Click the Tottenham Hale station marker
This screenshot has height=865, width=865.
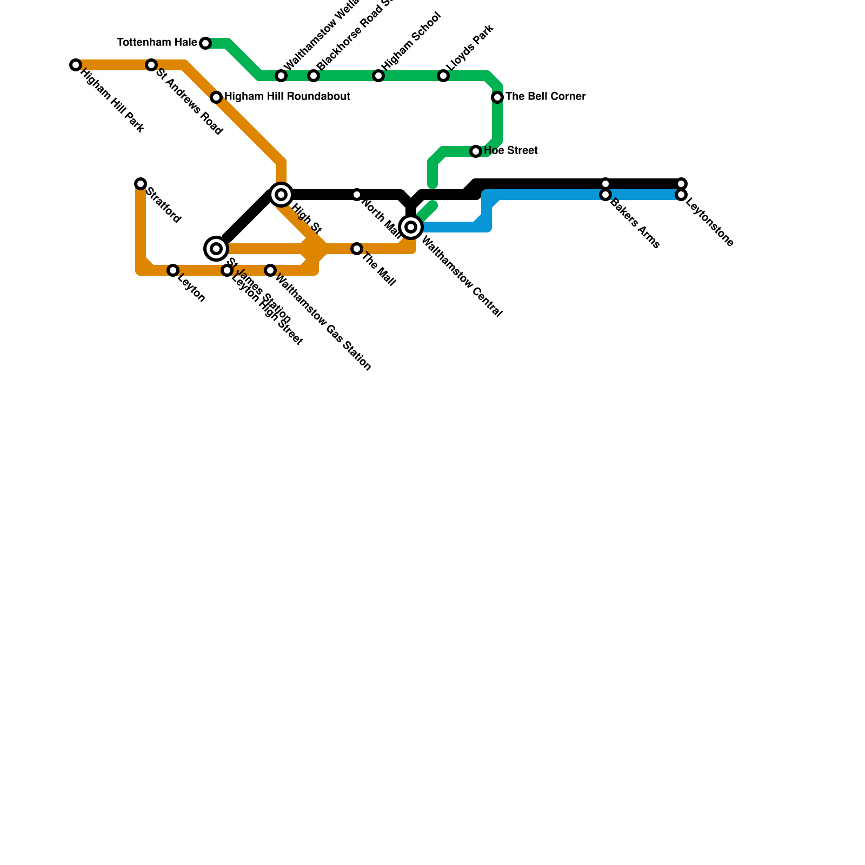coord(205,43)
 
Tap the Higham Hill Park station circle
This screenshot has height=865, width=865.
coord(76,65)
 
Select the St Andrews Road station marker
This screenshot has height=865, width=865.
coord(151,65)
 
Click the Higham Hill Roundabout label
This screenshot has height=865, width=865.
coord(287,97)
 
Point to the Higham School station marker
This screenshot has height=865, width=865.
coord(378,76)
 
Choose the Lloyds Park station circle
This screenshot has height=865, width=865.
coord(443,76)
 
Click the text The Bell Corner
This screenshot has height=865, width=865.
coord(545,97)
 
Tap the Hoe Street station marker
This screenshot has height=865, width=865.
coord(476,151)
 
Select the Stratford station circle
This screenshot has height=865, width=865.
coord(141,184)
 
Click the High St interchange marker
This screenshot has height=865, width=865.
coord(281,195)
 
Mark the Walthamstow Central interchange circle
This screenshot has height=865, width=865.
coord(411,227)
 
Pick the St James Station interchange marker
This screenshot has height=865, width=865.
coord(216,249)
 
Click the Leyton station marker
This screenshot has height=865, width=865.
coord(173,270)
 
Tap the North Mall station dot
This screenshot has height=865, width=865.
coord(357,195)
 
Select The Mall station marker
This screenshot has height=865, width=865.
coord(357,249)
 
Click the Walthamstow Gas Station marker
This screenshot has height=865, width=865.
coord(270,270)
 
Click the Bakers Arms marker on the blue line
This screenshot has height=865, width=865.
coord(605,195)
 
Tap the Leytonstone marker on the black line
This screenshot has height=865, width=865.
coord(681,184)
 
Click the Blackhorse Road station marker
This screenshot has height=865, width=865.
coord(314,76)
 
